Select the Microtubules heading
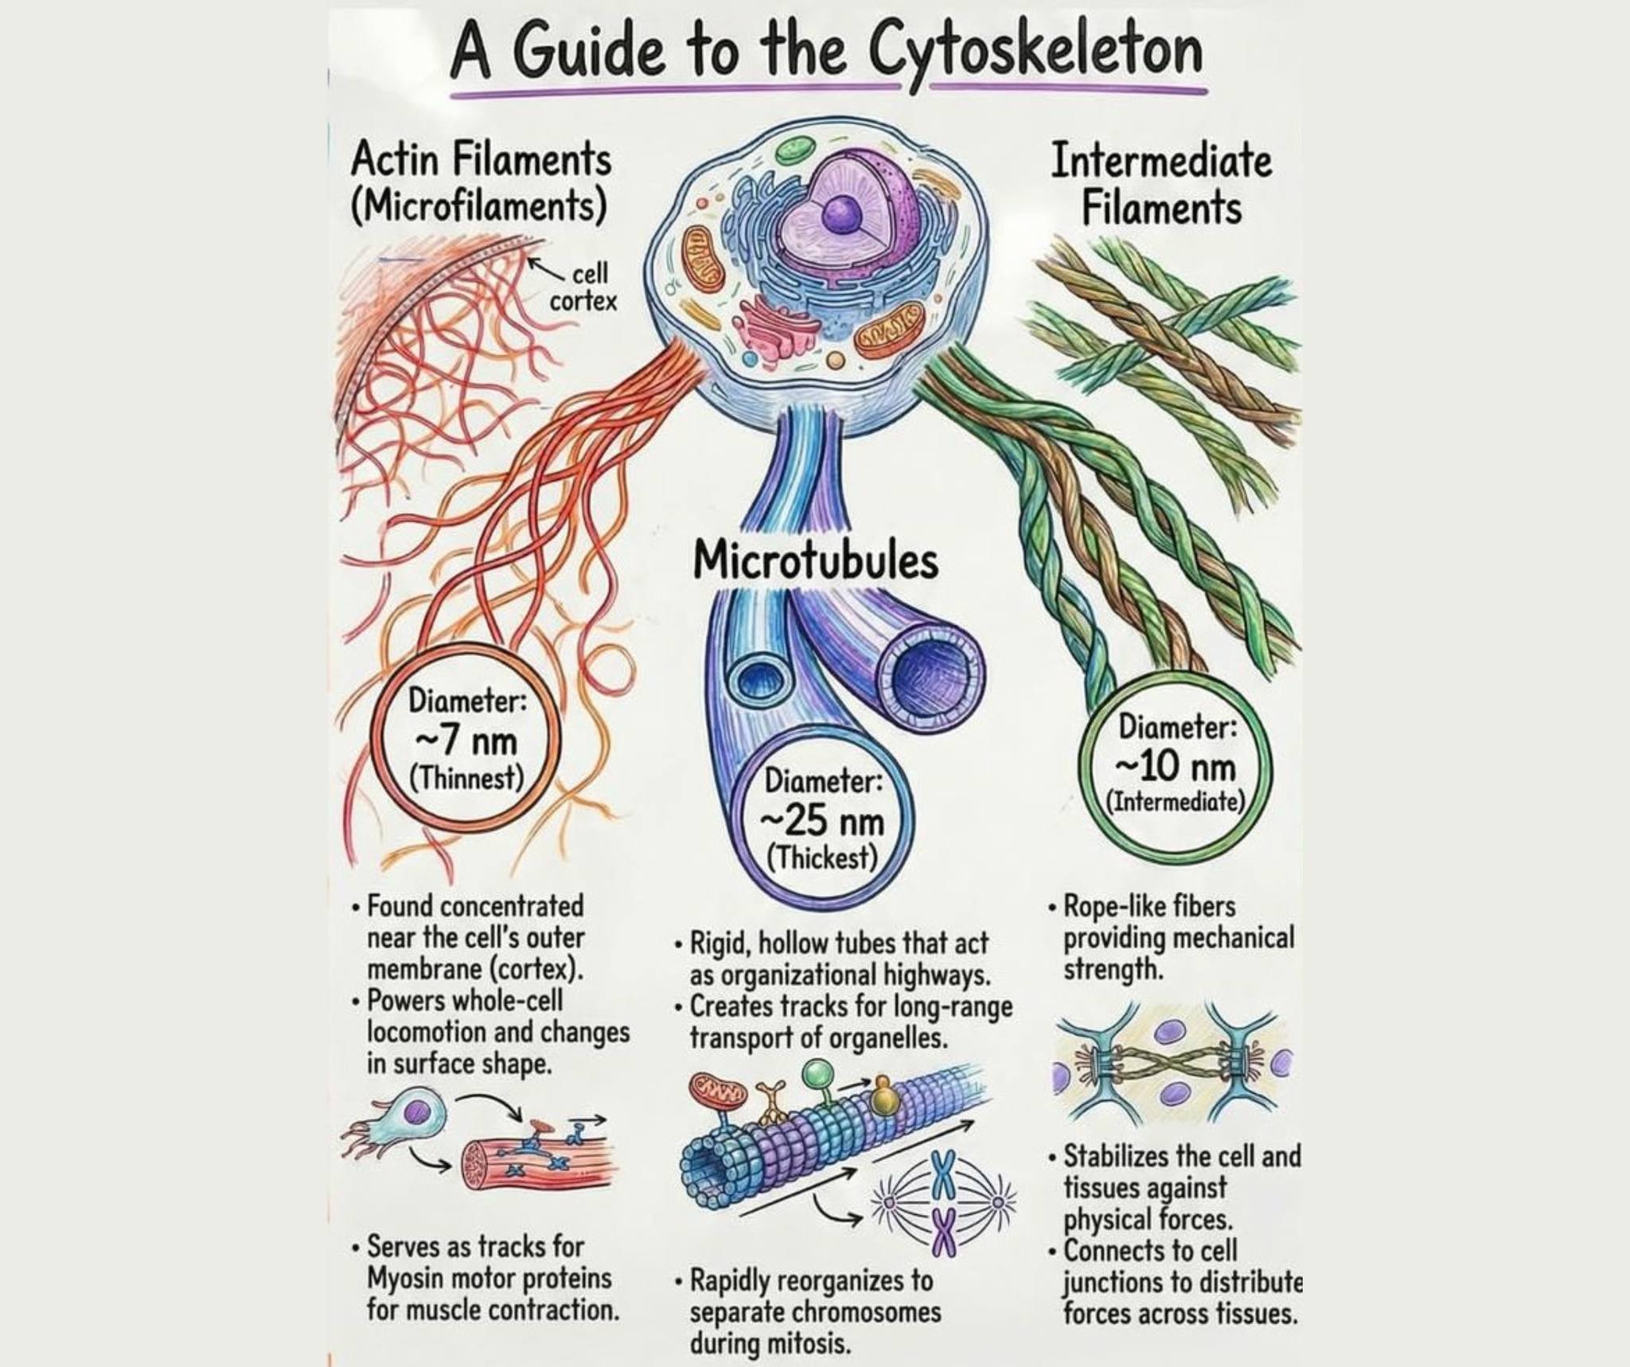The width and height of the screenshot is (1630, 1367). (816, 560)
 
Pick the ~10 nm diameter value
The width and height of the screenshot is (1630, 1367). (1177, 767)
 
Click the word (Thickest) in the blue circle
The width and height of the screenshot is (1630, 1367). (823, 858)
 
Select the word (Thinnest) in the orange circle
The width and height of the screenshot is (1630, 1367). (466, 777)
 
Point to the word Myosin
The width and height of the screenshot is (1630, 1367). (405, 1278)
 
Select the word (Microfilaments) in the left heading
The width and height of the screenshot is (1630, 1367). (478, 206)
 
